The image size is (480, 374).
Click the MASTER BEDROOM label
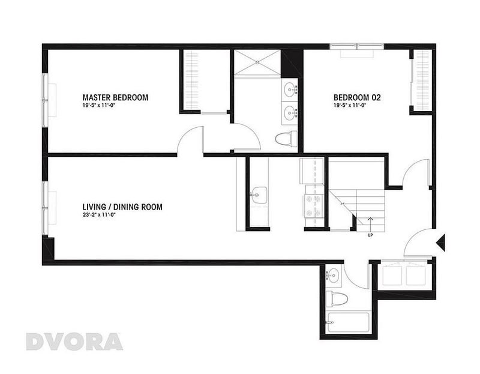pos(115,97)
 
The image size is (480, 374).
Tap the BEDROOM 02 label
pos(357,97)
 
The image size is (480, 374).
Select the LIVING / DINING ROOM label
pos(122,207)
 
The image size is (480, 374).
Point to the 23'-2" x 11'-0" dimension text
pos(99,215)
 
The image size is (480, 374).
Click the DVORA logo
pos(74,342)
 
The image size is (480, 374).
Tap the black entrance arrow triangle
pos(441,243)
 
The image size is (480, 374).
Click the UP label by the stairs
pos(370,235)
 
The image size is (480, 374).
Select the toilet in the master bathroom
pos(286,139)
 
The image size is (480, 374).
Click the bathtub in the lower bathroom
pos(347,322)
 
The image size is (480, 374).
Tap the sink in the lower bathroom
pos(333,274)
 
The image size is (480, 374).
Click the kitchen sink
pos(259,195)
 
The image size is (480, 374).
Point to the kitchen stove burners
pos(313,205)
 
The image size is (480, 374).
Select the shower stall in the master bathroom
pos(257,62)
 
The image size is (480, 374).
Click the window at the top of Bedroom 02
pos(357,47)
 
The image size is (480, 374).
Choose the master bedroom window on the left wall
pos(45,100)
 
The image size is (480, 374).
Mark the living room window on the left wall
pos(45,208)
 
